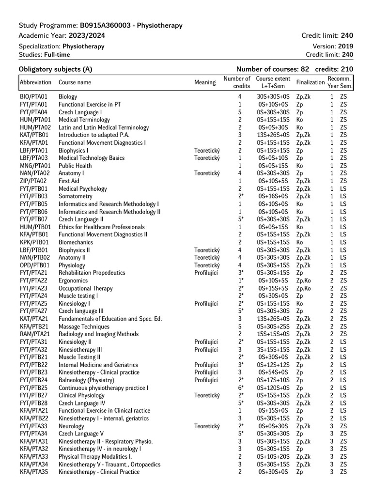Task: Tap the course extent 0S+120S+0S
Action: [x=273, y=388]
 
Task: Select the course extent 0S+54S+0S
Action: [x=273, y=372]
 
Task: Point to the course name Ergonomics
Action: [x=73, y=280]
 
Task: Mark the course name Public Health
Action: [x=75, y=166]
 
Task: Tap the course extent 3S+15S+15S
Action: [x=273, y=350]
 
